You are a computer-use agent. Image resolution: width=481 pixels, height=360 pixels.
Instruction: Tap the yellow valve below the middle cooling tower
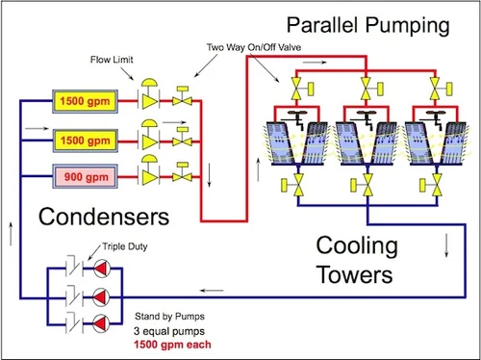(365, 187)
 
